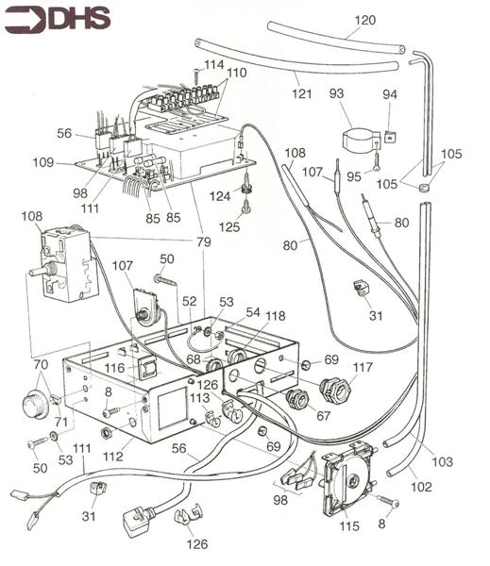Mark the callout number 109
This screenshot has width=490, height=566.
65,161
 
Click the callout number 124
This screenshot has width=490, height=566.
219,195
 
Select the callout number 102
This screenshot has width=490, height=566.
421,487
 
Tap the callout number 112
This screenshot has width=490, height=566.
112,457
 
